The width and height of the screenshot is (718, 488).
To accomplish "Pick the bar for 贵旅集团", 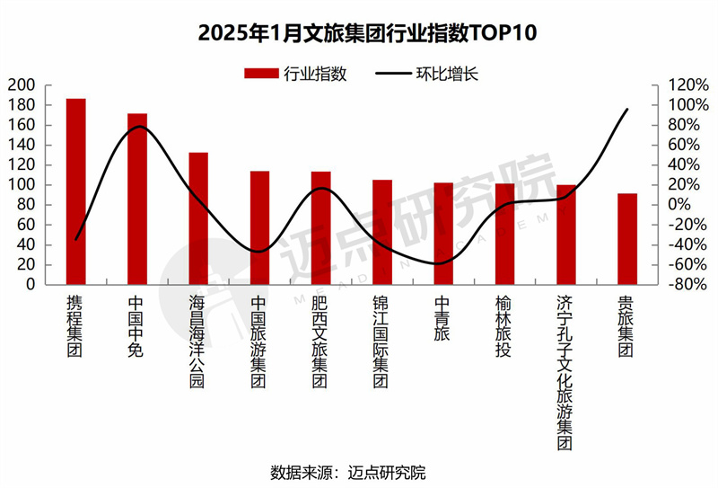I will [x=627, y=238].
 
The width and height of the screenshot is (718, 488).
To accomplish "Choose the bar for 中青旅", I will [x=443, y=233].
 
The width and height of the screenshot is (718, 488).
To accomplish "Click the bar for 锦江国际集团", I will [x=382, y=232].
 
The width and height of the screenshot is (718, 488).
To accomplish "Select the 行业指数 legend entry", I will [x=295, y=74].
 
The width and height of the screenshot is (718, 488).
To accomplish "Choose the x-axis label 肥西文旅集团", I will [x=320, y=342].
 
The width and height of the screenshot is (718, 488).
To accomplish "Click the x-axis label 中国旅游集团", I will [x=259, y=342].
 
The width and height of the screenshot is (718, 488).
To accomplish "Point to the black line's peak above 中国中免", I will [x=137, y=127].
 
